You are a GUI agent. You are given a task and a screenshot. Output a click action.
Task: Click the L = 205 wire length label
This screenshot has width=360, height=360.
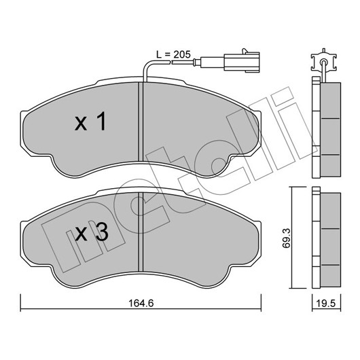click(173, 54)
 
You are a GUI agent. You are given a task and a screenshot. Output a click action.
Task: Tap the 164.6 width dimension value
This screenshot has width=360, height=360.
click(141, 304)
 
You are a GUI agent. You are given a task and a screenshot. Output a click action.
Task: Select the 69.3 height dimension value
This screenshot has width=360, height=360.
click(287, 238)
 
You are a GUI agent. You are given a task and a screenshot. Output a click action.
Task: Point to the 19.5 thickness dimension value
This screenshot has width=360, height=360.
click(326, 304)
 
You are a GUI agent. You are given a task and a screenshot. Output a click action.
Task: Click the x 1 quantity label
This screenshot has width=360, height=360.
click(90, 122)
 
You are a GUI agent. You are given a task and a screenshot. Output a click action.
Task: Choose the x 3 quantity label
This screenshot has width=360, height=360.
click(92, 232)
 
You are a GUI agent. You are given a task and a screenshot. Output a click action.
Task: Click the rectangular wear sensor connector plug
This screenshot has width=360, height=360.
click(242, 62)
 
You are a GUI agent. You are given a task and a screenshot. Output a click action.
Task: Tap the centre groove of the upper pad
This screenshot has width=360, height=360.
click(141, 122)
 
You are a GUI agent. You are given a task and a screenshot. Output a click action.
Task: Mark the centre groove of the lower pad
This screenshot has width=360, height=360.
click(141, 232)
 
